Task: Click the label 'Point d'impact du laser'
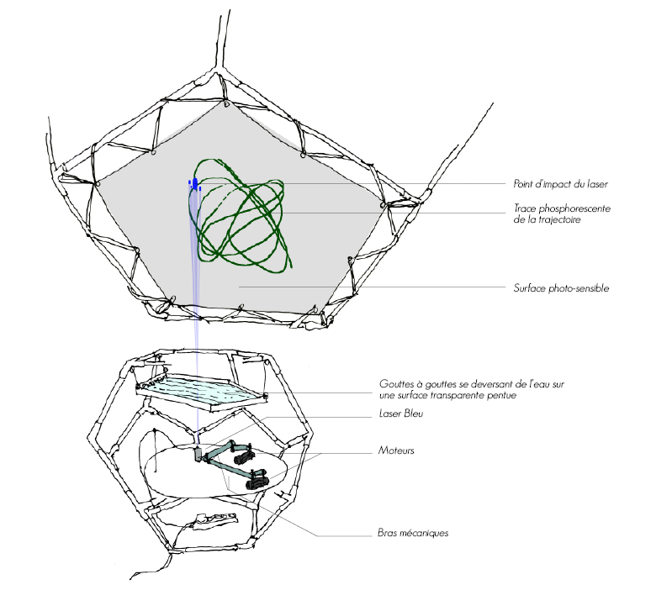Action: [x=559, y=184]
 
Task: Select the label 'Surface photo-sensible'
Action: [x=560, y=288]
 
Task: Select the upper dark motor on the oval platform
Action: [x=244, y=457]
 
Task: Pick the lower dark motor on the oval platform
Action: [x=257, y=481]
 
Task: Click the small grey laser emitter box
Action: [x=199, y=455]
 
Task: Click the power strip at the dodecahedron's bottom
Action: [x=210, y=523]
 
